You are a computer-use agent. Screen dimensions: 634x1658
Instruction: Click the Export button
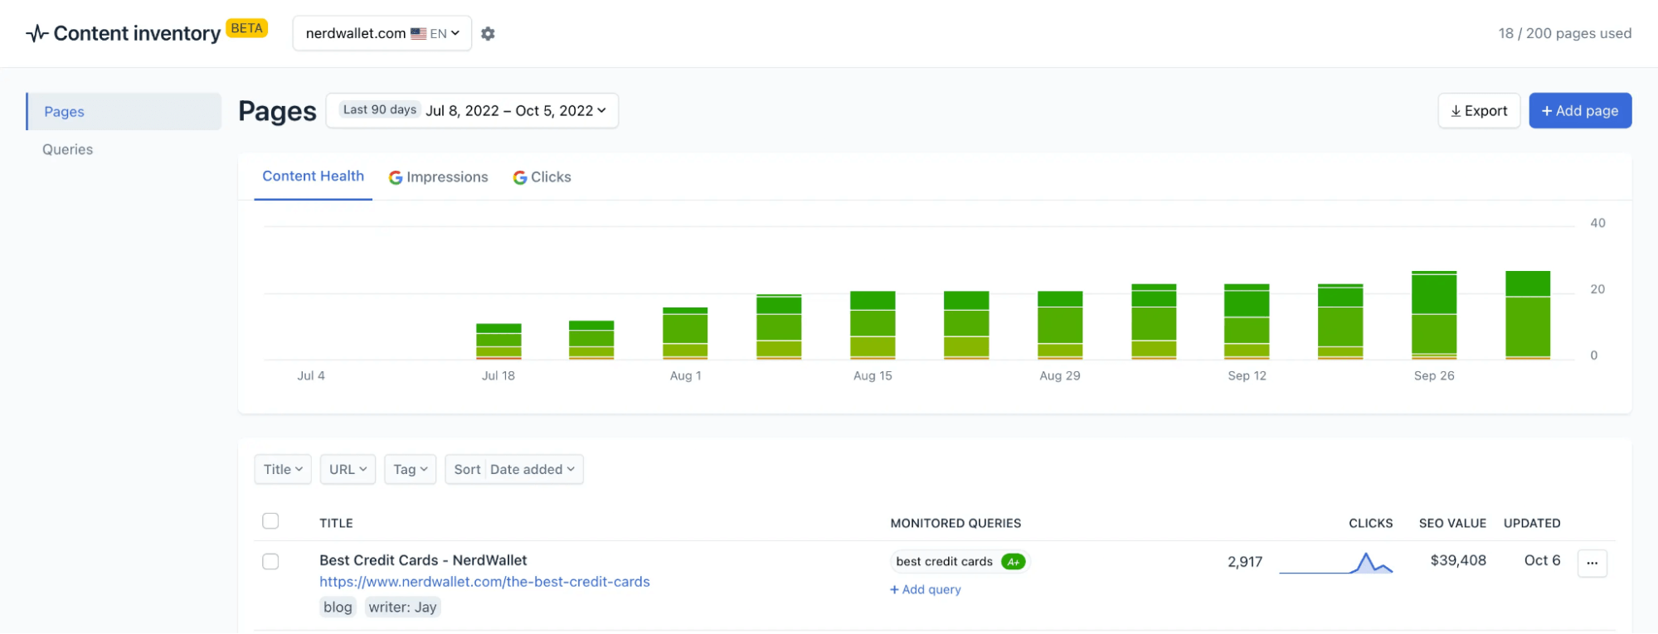click(1479, 111)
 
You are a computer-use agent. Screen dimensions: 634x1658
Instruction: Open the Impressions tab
click(439, 177)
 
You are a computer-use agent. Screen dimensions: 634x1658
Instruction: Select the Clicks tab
click(542, 177)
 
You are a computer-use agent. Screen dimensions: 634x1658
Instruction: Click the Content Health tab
click(313, 177)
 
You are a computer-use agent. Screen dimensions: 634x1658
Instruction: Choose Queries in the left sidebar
click(68, 150)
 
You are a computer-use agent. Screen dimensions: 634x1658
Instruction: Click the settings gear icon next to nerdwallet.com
click(488, 34)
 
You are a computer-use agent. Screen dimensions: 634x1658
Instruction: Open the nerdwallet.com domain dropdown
click(382, 34)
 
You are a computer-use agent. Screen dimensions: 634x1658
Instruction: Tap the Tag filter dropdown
click(410, 470)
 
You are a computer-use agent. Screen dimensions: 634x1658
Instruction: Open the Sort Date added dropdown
click(514, 470)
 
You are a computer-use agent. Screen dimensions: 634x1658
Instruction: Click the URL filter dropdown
click(348, 470)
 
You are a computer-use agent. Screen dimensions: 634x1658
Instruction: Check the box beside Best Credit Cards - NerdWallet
click(270, 562)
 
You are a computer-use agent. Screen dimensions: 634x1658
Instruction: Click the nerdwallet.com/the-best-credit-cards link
click(484, 582)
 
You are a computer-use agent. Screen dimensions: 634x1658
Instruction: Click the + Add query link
click(926, 590)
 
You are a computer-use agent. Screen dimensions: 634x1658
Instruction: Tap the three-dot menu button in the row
click(1592, 564)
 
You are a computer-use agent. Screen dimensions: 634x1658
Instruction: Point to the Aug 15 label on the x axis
click(873, 376)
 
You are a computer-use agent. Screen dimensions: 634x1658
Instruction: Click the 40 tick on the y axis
click(1597, 223)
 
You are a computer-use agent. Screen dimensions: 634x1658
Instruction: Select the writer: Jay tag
click(402, 607)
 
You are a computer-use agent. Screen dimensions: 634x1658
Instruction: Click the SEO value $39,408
click(1458, 561)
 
